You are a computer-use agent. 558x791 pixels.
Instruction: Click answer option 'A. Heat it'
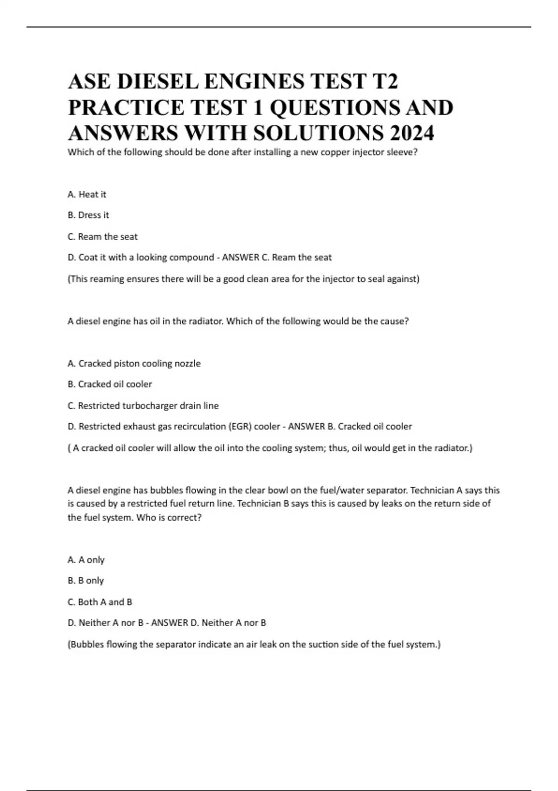pos(87,194)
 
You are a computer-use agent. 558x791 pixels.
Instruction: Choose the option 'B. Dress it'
pos(88,215)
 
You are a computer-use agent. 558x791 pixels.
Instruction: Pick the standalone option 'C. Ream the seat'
pos(103,237)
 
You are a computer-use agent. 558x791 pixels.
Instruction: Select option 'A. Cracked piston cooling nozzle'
pos(134,363)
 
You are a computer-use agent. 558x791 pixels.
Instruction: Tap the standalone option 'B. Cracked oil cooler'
pos(110,384)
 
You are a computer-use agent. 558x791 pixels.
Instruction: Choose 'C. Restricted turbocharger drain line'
pos(143,406)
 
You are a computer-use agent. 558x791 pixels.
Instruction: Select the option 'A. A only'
pos(86,560)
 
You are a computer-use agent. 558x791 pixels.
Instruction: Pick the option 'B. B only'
pos(86,581)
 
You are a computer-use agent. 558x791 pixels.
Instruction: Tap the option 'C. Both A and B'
pos(100,602)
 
